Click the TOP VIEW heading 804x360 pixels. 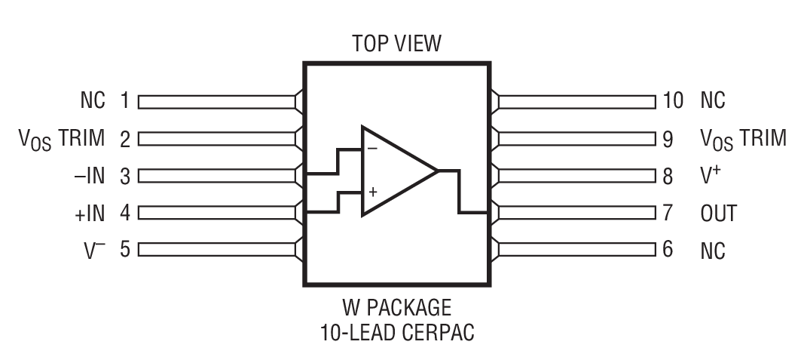[396, 45]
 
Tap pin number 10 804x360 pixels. [673, 100]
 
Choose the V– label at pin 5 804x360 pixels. [94, 249]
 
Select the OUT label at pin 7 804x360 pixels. [718, 213]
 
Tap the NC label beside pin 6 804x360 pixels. [713, 250]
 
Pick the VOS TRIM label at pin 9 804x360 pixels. [743, 139]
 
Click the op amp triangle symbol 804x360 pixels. [395, 171]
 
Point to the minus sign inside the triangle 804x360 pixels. [372, 149]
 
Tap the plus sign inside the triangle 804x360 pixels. [372, 192]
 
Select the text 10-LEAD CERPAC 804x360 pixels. [396, 332]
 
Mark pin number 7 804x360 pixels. [667, 213]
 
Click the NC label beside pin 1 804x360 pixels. [93, 100]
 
